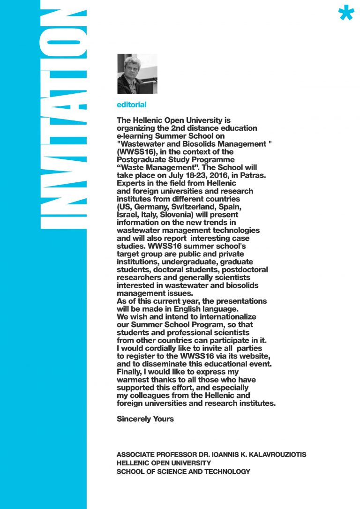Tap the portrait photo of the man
tap(137, 74)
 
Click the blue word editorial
tap(131, 105)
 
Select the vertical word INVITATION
tap(64, 117)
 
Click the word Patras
tap(254, 175)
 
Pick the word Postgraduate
tap(139, 160)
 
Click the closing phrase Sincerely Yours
tap(145, 419)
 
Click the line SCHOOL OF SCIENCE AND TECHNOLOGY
tap(183, 472)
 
